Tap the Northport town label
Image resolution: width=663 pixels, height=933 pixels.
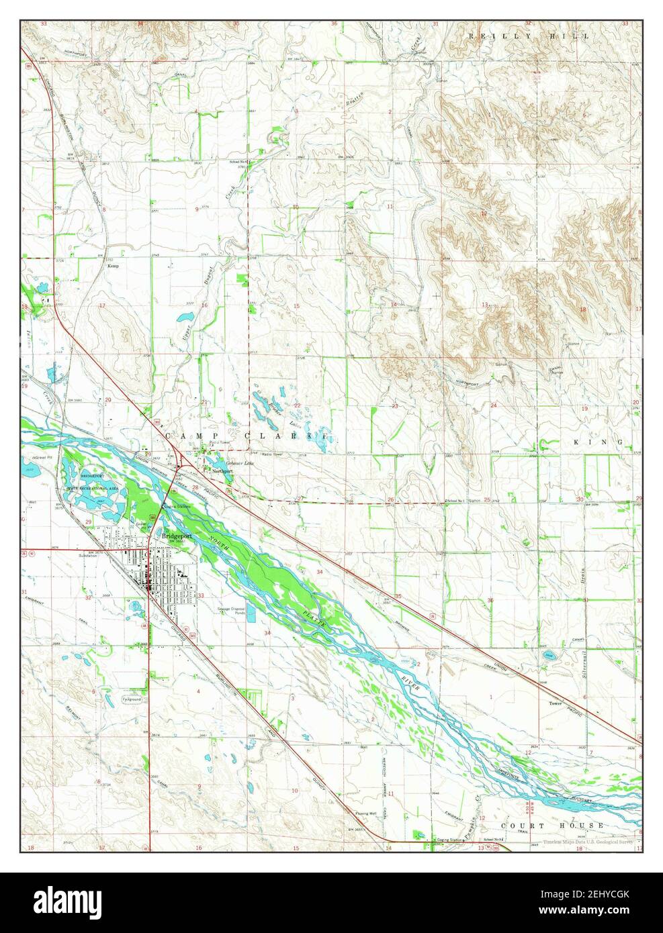click(222, 472)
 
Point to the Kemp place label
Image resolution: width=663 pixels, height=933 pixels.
click(114, 266)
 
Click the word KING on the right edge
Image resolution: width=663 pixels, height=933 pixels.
click(603, 442)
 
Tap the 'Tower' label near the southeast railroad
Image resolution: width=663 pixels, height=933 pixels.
click(555, 704)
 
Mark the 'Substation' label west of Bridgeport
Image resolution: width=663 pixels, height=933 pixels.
click(89, 556)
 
